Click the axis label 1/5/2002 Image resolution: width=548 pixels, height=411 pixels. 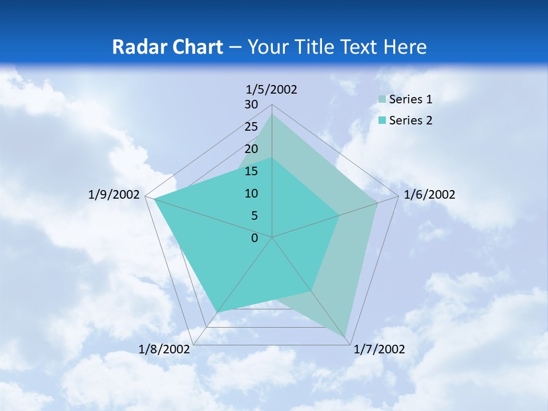point(272,89)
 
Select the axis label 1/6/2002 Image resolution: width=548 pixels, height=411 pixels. point(429,195)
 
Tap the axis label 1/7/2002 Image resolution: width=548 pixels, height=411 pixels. point(379,349)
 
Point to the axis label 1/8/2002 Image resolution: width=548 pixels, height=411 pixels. point(164,349)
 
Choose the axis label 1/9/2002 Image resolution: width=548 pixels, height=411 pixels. point(114,195)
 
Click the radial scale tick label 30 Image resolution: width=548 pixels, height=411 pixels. point(251,104)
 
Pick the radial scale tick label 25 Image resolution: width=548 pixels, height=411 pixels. point(251,127)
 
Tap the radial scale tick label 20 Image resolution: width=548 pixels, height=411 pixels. point(251,149)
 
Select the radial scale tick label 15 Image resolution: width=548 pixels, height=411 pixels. point(251,171)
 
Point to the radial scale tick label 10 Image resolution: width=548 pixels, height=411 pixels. point(251,194)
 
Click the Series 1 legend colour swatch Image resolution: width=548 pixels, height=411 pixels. point(381,100)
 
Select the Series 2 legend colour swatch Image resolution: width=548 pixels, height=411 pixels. point(381,120)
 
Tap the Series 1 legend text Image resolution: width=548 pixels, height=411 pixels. point(410,99)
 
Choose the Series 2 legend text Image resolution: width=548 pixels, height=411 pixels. point(410,120)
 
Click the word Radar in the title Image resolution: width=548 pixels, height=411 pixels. point(140,47)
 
